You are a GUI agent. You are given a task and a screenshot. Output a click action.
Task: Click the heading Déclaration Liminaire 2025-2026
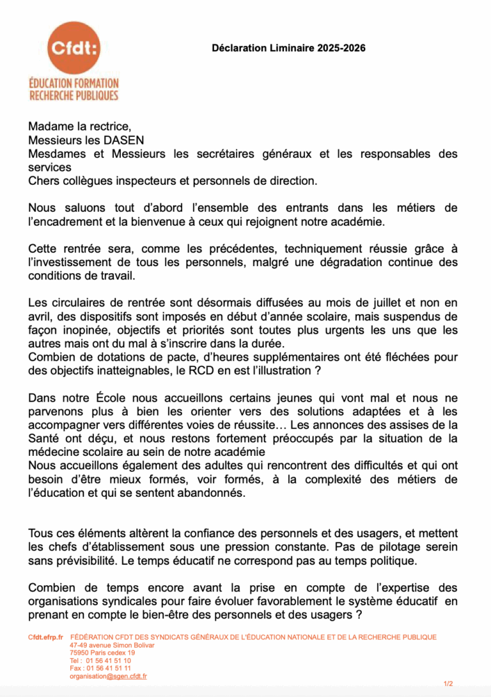288,48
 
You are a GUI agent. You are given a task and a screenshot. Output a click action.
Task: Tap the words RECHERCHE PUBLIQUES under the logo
74,95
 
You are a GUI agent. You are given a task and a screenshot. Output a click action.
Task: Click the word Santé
47,438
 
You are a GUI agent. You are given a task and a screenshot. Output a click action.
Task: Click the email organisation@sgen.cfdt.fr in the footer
108,676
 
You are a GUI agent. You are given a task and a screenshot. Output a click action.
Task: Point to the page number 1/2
448,684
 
